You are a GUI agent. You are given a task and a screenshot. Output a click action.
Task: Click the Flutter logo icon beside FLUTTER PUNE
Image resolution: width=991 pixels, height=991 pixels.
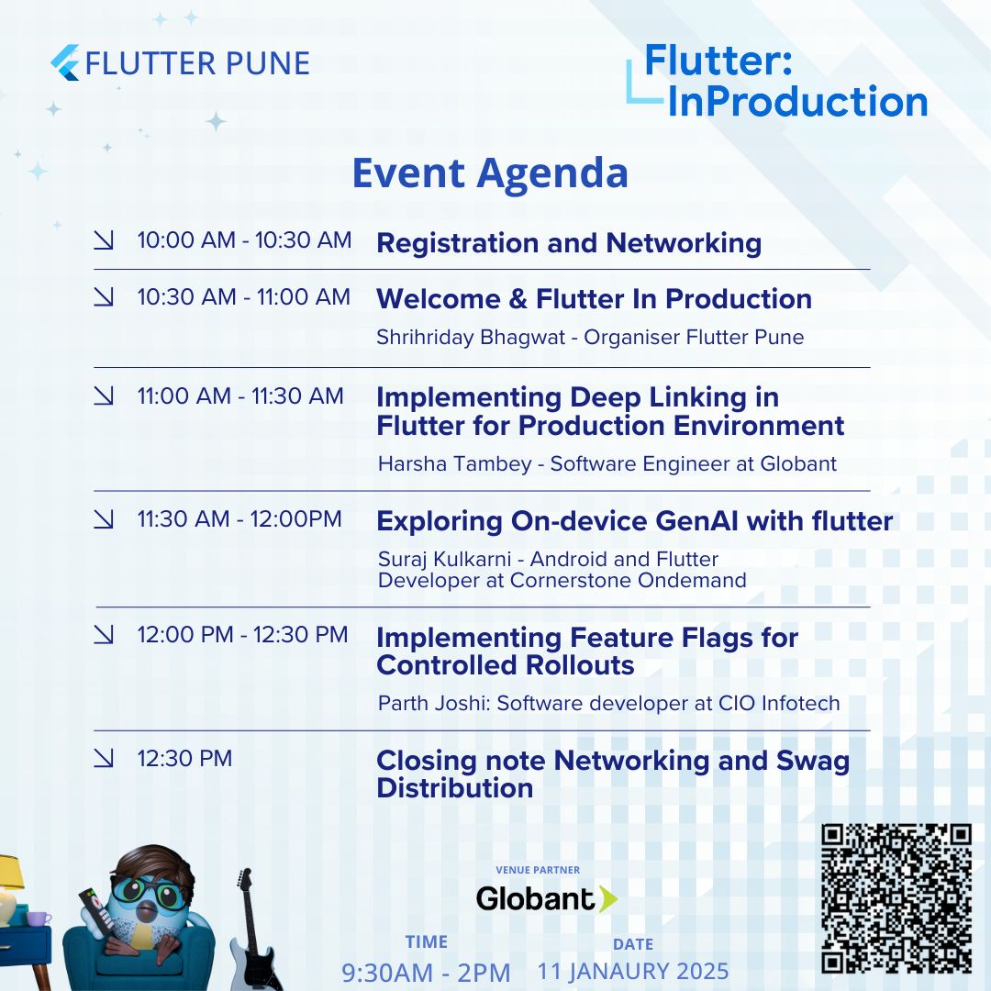pyautogui.click(x=65, y=62)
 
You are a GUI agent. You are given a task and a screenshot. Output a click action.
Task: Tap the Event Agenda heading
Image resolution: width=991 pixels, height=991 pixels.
pyautogui.click(x=490, y=173)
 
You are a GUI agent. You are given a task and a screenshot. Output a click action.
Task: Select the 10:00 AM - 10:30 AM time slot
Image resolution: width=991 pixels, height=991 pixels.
pyautogui.click(x=244, y=240)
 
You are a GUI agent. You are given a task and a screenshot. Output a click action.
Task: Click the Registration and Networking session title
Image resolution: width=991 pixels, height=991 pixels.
pyautogui.click(x=569, y=243)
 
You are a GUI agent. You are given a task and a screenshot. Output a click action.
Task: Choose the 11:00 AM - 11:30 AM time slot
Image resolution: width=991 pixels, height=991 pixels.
pyautogui.click(x=240, y=396)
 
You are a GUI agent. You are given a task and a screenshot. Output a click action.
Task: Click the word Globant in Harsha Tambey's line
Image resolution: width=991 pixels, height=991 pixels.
pyautogui.click(x=797, y=464)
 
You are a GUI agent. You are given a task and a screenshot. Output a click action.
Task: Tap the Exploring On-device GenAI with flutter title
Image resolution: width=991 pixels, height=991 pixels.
pyautogui.click(x=634, y=521)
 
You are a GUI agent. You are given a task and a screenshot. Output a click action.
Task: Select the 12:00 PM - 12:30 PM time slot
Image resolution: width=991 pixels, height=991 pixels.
pyautogui.click(x=242, y=634)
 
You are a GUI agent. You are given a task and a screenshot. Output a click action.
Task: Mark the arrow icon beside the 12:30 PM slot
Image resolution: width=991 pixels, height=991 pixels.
pyautogui.click(x=104, y=758)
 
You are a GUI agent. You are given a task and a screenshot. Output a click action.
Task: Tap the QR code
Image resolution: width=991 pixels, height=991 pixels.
pyautogui.click(x=896, y=898)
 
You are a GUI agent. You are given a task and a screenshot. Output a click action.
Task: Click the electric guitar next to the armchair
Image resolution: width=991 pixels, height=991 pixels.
pyautogui.click(x=242, y=927)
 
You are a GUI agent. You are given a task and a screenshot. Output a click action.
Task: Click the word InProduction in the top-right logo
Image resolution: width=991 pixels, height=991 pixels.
pyautogui.click(x=796, y=102)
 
